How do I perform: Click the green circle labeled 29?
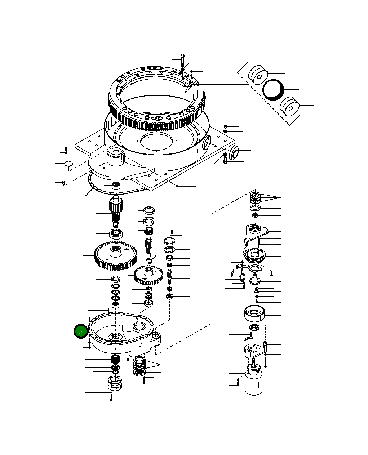80,332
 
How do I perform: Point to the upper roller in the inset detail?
258,75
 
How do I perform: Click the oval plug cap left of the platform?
68,164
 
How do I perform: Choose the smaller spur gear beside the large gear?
148,275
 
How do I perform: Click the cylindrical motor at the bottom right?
255,382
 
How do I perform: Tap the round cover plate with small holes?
169,241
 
